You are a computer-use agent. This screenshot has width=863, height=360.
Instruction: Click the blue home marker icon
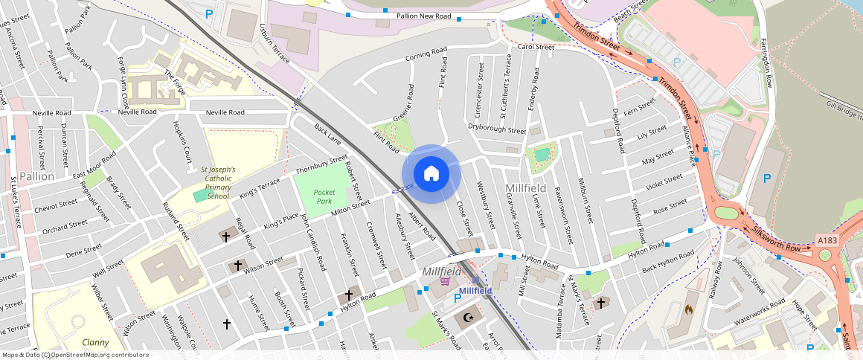tap(431, 173)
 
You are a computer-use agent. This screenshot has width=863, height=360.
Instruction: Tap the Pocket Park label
tap(324, 196)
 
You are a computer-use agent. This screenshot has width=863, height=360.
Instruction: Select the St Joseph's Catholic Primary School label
tap(219, 183)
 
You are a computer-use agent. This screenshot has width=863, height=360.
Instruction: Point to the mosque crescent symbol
tap(468, 318)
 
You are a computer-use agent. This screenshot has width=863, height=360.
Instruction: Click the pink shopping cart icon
tap(446, 280)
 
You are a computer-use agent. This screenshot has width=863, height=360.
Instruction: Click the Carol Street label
tap(536, 47)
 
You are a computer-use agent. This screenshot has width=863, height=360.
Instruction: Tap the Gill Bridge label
tap(844, 109)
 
